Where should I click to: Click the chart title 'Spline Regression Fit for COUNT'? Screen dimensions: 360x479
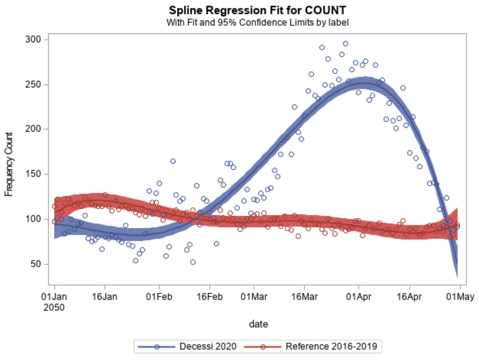[x=257, y=10]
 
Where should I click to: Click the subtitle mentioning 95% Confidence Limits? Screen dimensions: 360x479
[x=257, y=23]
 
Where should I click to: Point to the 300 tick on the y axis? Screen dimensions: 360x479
[x=33, y=40]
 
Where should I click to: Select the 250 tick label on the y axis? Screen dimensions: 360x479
[x=33, y=85]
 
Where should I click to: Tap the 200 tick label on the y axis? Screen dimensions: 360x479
[x=33, y=129]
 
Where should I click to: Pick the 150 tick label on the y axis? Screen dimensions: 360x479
[x=33, y=174]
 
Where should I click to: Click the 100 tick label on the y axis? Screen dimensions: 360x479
[x=33, y=219]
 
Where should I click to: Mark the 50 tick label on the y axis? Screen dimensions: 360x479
[x=36, y=264]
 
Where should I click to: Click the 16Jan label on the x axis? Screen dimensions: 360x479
[x=104, y=297]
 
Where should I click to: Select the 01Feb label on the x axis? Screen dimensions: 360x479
[x=159, y=297]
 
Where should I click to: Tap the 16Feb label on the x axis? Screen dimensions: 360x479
[x=210, y=297]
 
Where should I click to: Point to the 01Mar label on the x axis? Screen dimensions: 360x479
[x=254, y=297]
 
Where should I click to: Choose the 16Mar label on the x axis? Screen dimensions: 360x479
[x=304, y=297]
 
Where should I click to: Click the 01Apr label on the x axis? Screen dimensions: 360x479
[x=358, y=297]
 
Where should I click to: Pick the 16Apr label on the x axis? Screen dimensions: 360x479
[x=410, y=297]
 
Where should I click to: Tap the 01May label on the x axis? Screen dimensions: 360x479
[x=460, y=297]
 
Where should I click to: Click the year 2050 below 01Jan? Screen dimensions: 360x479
[x=54, y=308]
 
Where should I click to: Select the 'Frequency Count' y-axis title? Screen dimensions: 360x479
[x=9, y=164]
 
